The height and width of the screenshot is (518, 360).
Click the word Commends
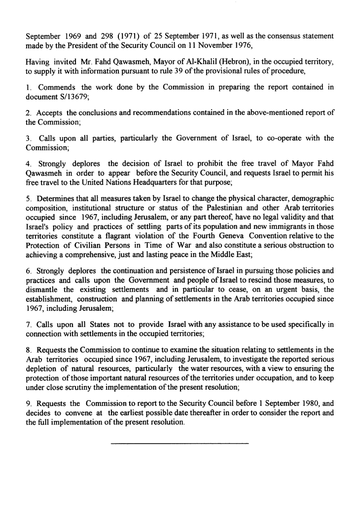(x=53, y=87)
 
